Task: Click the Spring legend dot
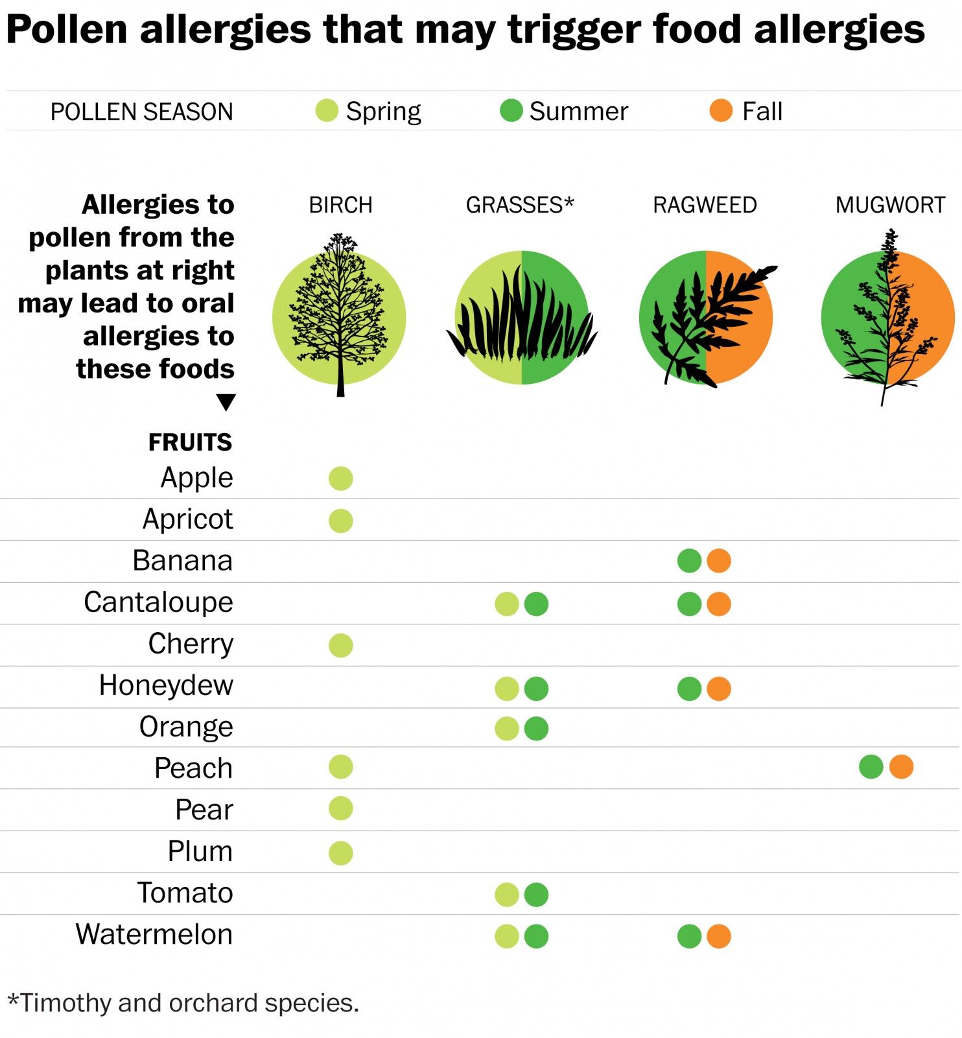pyautogui.click(x=327, y=111)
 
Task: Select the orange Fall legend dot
pyautogui.click(x=721, y=111)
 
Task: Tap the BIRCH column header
pyautogui.click(x=341, y=205)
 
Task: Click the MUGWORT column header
pyautogui.click(x=890, y=205)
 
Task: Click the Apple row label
pyautogui.click(x=196, y=478)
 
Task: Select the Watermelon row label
pyautogui.click(x=154, y=934)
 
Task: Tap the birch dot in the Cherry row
pyautogui.click(x=341, y=645)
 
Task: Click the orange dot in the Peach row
pyautogui.click(x=901, y=767)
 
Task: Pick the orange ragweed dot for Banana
pyautogui.click(x=719, y=561)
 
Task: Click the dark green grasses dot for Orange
pyautogui.click(x=536, y=729)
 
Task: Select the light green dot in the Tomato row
pyautogui.click(x=507, y=895)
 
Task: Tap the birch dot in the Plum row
pyautogui.click(x=341, y=853)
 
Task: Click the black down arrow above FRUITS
pyautogui.click(x=226, y=402)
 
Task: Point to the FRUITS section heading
pyautogui.click(x=190, y=442)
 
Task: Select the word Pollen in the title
pyautogui.click(x=67, y=29)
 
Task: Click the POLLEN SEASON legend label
pyautogui.click(x=141, y=112)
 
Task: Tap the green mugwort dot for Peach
pyautogui.click(x=871, y=767)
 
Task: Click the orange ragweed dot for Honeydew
pyautogui.click(x=719, y=689)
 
